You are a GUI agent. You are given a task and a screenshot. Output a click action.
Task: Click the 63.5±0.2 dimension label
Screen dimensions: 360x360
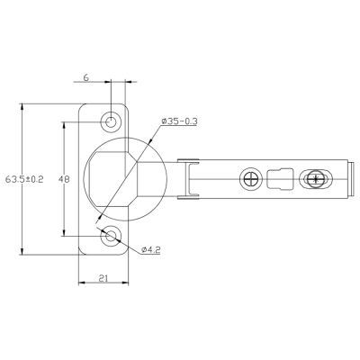(x=24, y=179)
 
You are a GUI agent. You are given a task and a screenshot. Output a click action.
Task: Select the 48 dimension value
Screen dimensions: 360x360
(x=64, y=179)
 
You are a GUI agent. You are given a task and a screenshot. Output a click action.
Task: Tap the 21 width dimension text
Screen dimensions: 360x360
(x=103, y=278)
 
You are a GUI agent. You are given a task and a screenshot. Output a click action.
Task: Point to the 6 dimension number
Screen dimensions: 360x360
(x=86, y=77)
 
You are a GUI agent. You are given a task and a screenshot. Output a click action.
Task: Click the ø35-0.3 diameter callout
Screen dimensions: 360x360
(x=179, y=121)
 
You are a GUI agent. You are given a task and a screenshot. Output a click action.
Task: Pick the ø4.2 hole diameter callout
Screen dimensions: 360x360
(x=151, y=249)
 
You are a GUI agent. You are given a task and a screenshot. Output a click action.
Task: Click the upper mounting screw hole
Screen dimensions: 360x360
(x=111, y=122)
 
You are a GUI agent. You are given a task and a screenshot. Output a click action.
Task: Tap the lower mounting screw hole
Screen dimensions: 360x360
(x=111, y=236)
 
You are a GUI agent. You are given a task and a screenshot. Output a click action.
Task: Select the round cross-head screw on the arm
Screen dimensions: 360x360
(x=251, y=179)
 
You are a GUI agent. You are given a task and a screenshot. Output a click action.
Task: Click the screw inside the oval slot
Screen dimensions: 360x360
(x=315, y=179)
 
